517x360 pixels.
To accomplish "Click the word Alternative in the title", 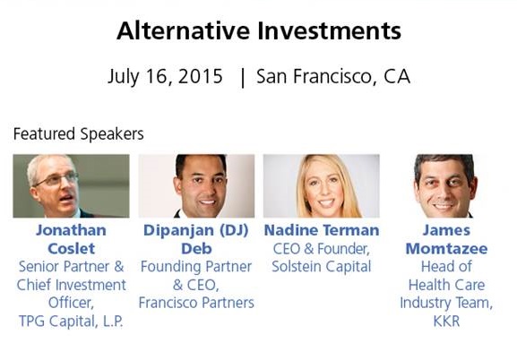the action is pyautogui.click(x=183, y=30).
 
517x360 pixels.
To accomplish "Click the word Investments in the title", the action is pyautogui.click(x=329, y=30).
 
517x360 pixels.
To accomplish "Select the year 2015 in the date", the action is pyautogui.click(x=200, y=76).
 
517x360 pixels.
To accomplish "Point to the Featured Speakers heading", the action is pyautogui.click(x=79, y=133).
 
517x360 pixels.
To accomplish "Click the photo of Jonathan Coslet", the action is pyautogui.click(x=71, y=186).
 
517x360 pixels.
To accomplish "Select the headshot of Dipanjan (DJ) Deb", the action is pyautogui.click(x=196, y=186).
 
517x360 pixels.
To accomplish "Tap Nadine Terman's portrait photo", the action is pyautogui.click(x=322, y=186).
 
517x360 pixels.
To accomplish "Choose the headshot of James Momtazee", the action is pyautogui.click(x=445, y=186).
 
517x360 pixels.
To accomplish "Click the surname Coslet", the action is pyautogui.click(x=71, y=249).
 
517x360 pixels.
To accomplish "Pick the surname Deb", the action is pyautogui.click(x=196, y=249).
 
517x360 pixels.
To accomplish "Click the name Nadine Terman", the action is pyautogui.click(x=322, y=230).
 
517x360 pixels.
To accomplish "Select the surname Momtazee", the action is pyautogui.click(x=446, y=249).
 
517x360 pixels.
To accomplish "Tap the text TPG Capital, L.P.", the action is pyautogui.click(x=71, y=321).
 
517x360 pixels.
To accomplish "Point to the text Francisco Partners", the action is pyautogui.click(x=196, y=303).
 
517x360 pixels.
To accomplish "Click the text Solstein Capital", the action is pyautogui.click(x=322, y=266).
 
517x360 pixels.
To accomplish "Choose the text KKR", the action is pyautogui.click(x=446, y=321).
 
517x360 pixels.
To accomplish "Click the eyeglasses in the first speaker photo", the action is pyautogui.click(x=56, y=179).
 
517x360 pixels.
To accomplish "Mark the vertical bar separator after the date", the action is pyautogui.click(x=243, y=78).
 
